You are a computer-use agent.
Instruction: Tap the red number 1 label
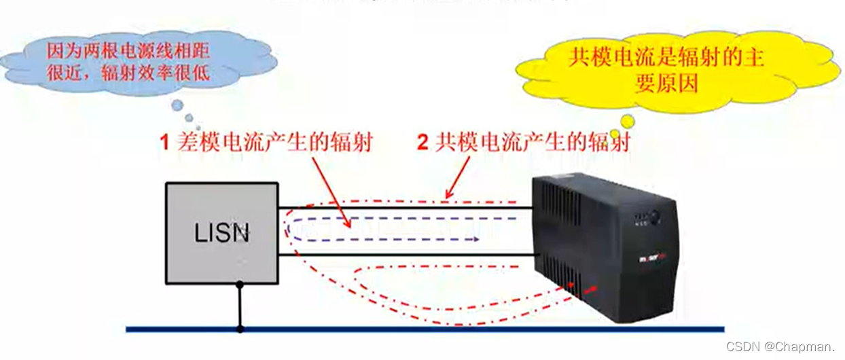click(164, 143)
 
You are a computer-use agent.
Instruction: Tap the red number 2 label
click(422, 143)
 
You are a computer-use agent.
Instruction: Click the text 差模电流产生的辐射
click(275, 143)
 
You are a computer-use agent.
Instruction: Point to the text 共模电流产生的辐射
click(533, 143)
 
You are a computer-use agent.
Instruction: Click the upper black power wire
click(408, 207)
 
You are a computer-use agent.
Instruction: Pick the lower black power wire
click(408, 255)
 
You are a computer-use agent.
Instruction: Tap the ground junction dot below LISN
click(240, 329)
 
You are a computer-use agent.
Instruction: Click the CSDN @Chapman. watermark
click(781, 346)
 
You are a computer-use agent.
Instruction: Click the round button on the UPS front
click(655, 217)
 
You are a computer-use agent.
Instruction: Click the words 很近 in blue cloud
click(64, 73)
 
